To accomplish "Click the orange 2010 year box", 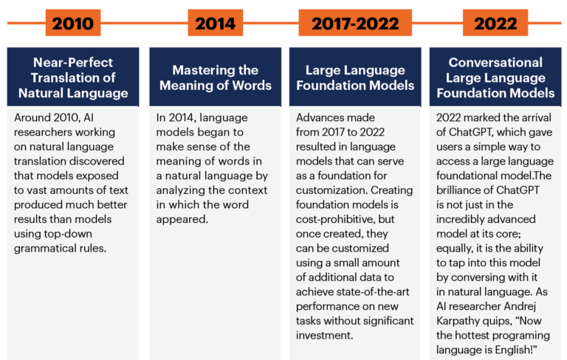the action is [x=73, y=23].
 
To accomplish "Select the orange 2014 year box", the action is [x=215, y=23].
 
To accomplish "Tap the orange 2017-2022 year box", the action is [x=355, y=23].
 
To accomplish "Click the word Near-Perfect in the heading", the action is [x=73, y=63].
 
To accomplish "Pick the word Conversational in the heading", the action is [x=495, y=63].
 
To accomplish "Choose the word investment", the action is [x=324, y=336].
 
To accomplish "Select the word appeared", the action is [x=182, y=220].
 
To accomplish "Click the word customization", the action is [x=331, y=190].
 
